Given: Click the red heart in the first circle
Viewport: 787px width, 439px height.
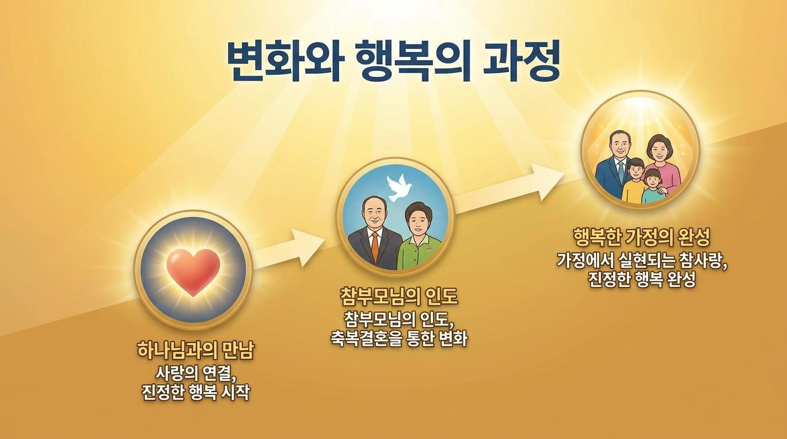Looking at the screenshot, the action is coord(193,272).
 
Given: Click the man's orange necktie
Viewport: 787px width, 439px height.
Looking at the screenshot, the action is coord(375,248).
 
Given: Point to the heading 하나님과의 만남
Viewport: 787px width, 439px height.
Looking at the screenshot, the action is coord(196,350).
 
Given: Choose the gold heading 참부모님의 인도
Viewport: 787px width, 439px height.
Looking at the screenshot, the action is coord(399,297).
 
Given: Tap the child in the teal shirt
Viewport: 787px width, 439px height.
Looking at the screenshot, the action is coord(653,188).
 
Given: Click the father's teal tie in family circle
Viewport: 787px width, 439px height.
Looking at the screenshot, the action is coord(621,171).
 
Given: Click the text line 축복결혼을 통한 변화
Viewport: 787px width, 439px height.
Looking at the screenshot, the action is coord(399,339).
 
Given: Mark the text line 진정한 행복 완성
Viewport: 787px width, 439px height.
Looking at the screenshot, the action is coord(642,280).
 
